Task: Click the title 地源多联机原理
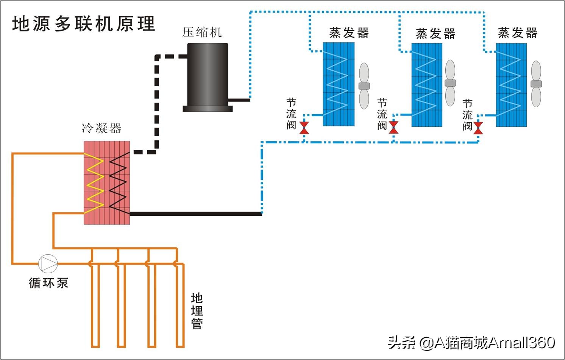point(84,23)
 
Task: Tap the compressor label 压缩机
point(201,32)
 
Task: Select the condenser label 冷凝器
point(101,128)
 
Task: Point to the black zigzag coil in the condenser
point(118,182)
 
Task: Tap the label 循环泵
point(48,283)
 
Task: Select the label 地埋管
point(197,311)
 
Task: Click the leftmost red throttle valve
point(304,128)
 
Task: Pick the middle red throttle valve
point(393,128)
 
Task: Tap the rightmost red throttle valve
point(478,128)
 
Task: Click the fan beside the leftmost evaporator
point(364,86)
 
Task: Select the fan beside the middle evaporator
point(450,83)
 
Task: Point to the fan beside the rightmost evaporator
point(536,84)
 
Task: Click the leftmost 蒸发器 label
point(349,33)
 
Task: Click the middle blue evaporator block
point(427,85)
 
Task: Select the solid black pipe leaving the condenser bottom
point(195,214)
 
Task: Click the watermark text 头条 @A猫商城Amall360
point(471,343)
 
